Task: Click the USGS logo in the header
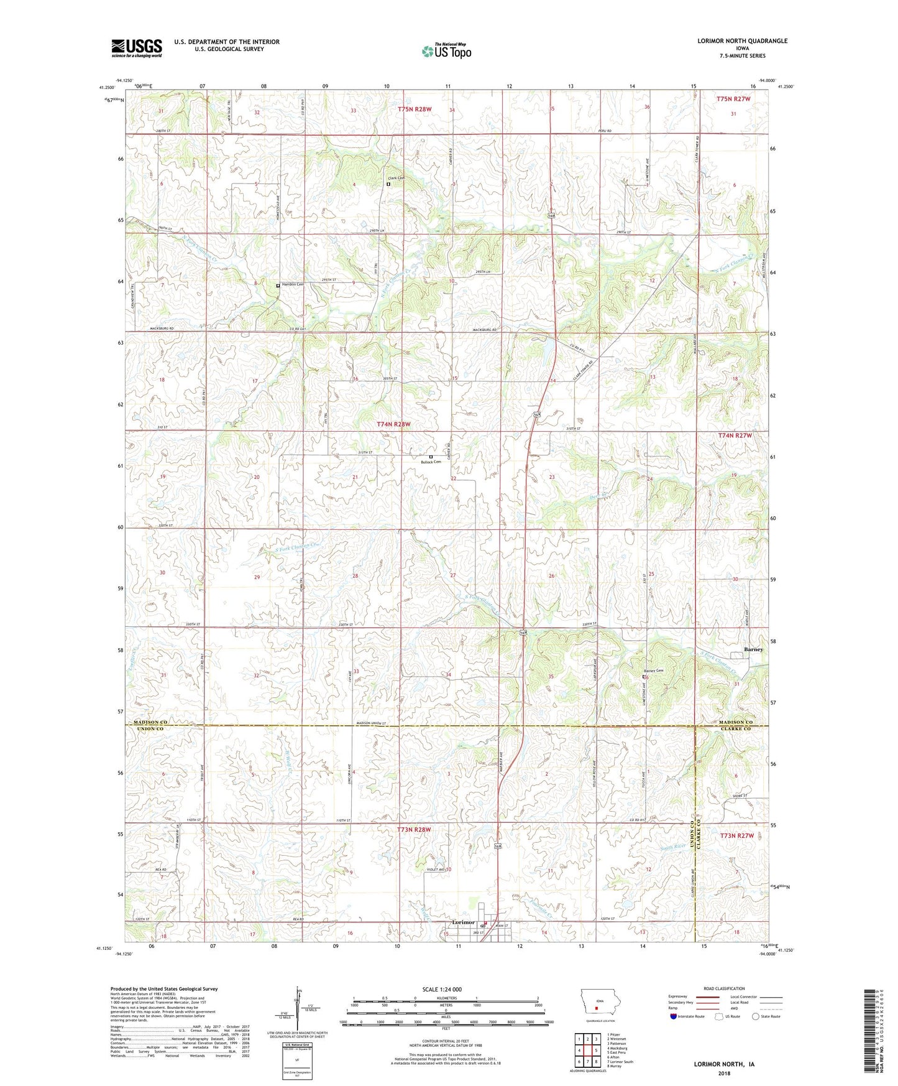pos(137,47)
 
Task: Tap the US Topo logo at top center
pos(446,51)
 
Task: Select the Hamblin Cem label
pos(293,285)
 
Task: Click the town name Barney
pos(753,649)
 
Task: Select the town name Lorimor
pos(464,922)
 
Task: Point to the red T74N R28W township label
pos(393,424)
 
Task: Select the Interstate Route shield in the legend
pos(674,1016)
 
